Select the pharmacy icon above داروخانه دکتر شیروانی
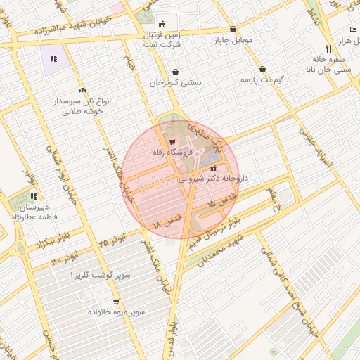(213, 169)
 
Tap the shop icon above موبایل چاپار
(233, 30)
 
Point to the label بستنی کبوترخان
(175, 82)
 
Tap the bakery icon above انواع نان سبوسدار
(83, 90)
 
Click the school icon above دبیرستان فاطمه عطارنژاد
(34, 197)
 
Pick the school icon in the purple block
(54, 58)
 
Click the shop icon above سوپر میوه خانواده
(116, 302)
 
